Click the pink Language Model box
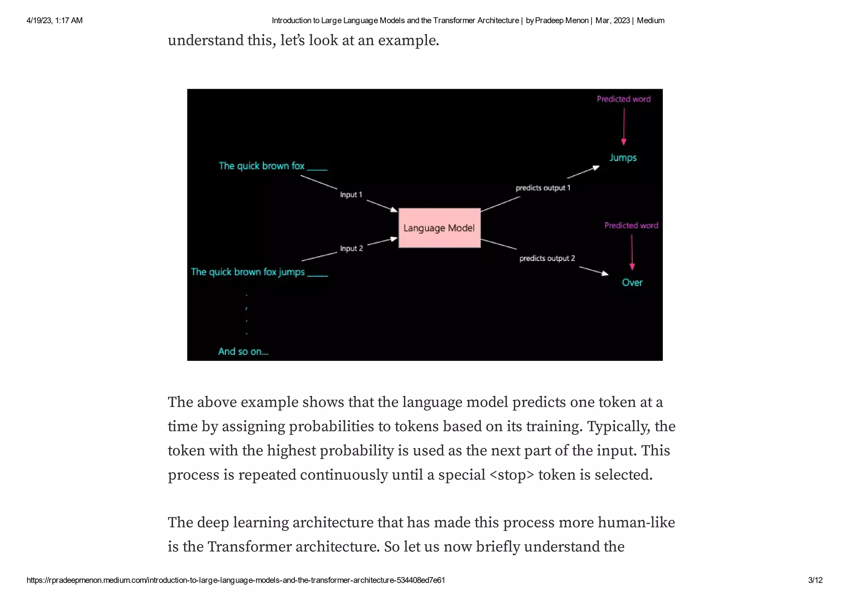click(439, 228)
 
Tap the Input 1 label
click(351, 194)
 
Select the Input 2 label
click(351, 248)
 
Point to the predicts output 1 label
click(543, 188)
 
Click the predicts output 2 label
click(547, 258)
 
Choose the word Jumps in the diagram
click(623, 158)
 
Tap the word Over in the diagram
click(632, 282)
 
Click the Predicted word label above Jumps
click(623, 99)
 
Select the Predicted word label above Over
click(631, 226)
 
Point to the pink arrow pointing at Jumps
click(624, 126)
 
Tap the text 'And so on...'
click(243, 352)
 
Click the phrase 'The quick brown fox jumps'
click(248, 272)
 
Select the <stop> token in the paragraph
click(512, 475)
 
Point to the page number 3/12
click(815, 580)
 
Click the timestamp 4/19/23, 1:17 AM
click(54, 20)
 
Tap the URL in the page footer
click(235, 580)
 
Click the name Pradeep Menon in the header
click(562, 20)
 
